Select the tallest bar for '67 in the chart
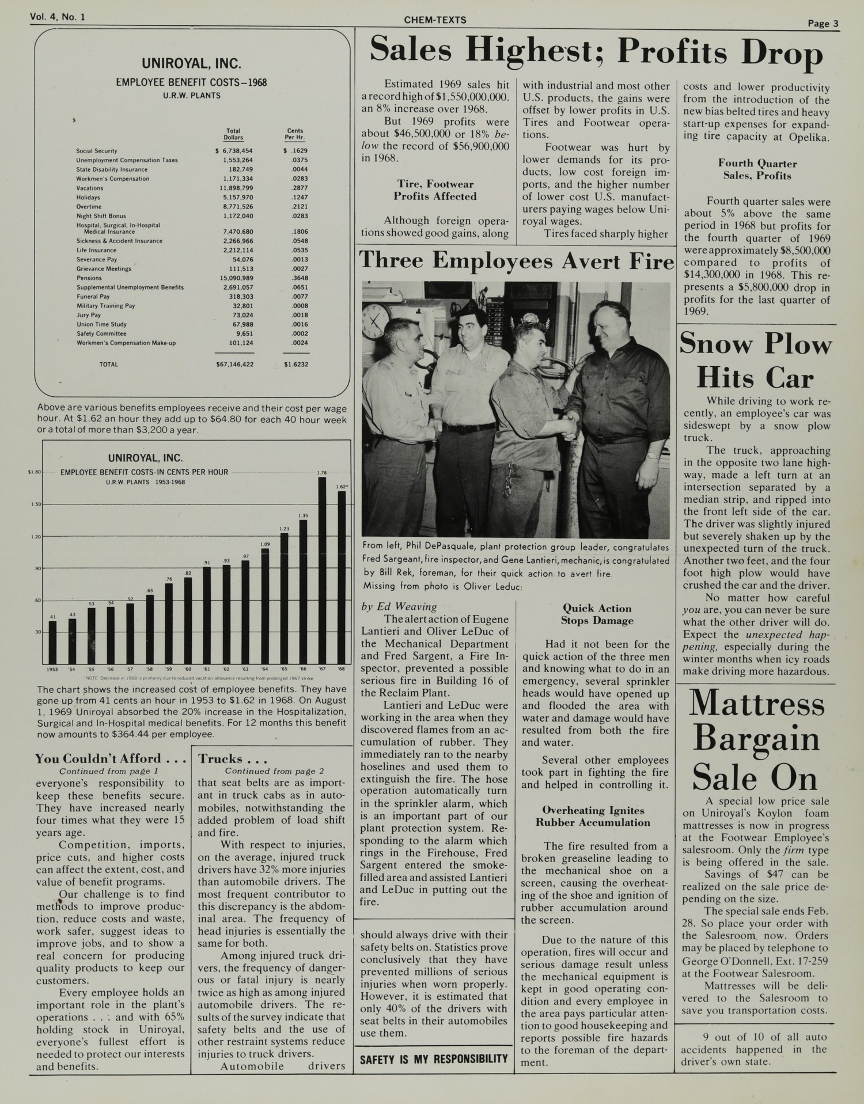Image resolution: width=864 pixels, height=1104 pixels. click(x=322, y=570)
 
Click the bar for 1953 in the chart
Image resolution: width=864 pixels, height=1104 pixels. click(x=52, y=642)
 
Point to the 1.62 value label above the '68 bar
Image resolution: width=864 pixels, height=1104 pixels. click(x=342, y=487)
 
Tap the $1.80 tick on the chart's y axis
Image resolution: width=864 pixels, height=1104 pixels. click(x=34, y=472)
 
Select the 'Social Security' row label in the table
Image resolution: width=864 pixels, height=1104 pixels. click(x=97, y=151)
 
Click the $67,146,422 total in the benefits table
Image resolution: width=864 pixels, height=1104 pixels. click(x=234, y=365)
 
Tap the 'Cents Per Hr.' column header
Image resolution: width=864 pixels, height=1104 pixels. click(x=294, y=134)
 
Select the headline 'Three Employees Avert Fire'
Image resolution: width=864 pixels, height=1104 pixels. click(x=516, y=261)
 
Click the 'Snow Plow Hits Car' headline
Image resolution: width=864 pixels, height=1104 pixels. click(x=755, y=362)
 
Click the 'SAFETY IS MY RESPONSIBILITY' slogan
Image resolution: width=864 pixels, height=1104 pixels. click(x=434, y=1059)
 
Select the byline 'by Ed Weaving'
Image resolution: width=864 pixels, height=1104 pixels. click(x=399, y=606)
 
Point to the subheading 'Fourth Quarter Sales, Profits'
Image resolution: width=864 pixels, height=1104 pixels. click(x=757, y=170)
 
